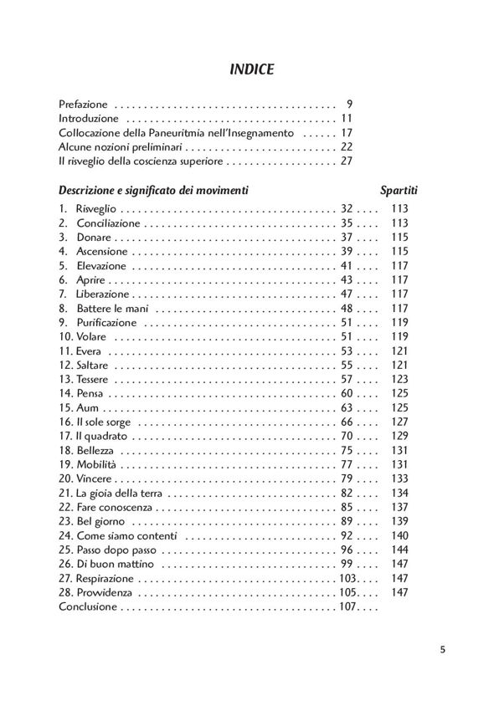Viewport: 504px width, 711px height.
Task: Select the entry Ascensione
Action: (x=101, y=251)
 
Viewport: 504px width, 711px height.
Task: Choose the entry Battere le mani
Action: (x=111, y=309)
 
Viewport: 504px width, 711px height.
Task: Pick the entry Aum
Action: (x=86, y=407)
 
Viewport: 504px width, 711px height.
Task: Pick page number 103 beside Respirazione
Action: (x=347, y=578)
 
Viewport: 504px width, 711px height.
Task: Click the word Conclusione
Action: (x=88, y=606)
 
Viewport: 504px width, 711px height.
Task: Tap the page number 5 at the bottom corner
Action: (x=443, y=648)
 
